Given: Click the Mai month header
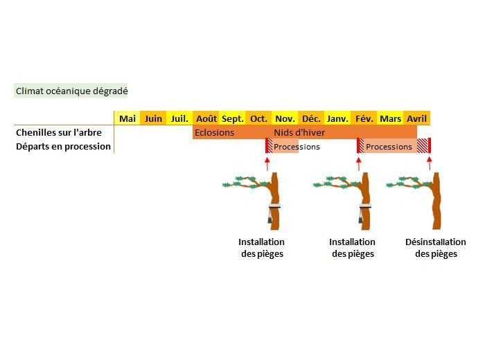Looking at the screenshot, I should coord(127,118).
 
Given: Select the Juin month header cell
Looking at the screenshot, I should coord(153,118).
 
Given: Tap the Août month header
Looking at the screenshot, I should coord(206,118).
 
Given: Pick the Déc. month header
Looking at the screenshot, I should coord(311,118).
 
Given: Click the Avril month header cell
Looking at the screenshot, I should coord(416,118).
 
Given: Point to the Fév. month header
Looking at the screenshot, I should coord(364,118).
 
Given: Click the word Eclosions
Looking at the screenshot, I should coord(214,132).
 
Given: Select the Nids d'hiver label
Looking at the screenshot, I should coord(299,132).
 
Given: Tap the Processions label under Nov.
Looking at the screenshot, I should coord(297,147).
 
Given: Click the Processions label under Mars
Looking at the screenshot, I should coord(389,147).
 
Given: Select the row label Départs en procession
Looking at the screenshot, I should coord(63,147).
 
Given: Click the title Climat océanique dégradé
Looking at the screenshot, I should coord(71,91).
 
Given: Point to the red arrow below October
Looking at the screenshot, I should coord(267,163).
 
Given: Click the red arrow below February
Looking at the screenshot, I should coord(359,163).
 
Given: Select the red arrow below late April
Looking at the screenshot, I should coord(430,163).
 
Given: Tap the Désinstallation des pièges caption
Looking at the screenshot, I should coord(436,248).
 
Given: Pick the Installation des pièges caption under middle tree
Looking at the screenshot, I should coord(352,248).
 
